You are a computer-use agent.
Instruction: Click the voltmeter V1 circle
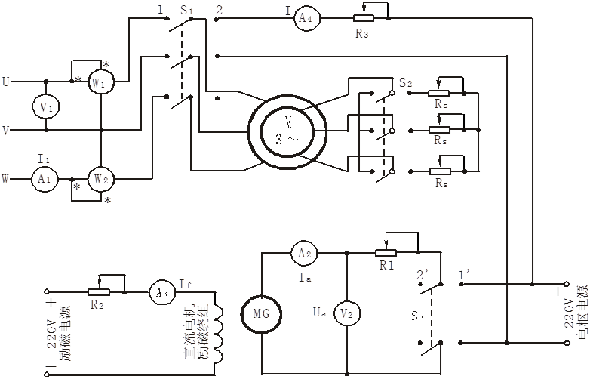coord(46,107)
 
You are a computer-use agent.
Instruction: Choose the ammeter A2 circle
coord(304,254)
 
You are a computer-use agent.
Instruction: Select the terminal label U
coord(6,81)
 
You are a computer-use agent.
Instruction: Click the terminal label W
coord(6,180)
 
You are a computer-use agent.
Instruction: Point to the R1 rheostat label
coord(386,266)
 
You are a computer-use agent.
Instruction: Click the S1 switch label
coord(186,11)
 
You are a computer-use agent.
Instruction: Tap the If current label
coord(184,285)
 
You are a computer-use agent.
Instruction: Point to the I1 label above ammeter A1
coord(43,159)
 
